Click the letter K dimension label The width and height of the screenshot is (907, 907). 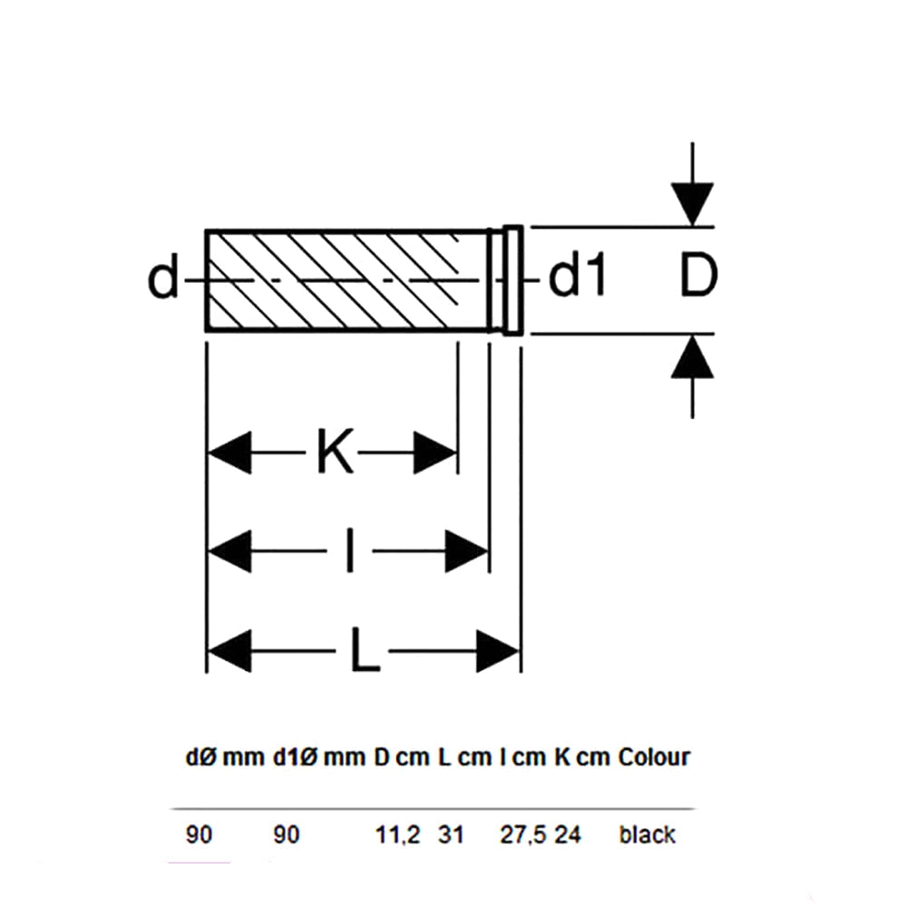tap(336, 452)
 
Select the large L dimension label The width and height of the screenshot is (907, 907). tap(365, 651)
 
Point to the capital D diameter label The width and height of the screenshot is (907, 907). tap(698, 276)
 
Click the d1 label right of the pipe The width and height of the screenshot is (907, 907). tap(577, 276)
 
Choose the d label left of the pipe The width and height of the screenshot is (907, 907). tap(163, 278)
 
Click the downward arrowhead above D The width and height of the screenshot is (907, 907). tap(692, 203)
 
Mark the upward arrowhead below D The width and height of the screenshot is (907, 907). tap(692, 356)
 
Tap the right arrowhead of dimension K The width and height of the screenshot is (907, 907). tap(435, 453)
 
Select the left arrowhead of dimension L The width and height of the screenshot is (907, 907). tap(229, 651)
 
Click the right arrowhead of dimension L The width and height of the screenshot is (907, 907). tap(498, 651)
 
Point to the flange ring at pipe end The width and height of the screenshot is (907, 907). tap(512, 280)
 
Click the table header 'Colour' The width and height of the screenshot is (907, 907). tap(654, 757)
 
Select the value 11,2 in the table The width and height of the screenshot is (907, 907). tap(398, 834)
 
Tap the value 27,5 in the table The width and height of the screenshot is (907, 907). tap(522, 834)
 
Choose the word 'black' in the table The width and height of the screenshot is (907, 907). tap(648, 834)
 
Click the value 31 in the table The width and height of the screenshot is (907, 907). tap(451, 834)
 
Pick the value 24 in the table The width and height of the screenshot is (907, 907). tap(568, 834)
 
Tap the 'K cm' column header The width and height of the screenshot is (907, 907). tap(582, 757)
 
